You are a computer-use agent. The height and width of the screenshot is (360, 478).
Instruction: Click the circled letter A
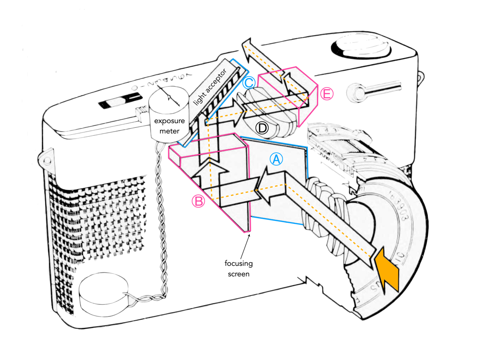[x=276, y=160]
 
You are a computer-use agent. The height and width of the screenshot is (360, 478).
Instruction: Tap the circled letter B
[x=199, y=201]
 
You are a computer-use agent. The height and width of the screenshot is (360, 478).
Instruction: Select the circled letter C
[x=249, y=83]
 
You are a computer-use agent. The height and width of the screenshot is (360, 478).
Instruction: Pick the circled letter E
[x=327, y=94]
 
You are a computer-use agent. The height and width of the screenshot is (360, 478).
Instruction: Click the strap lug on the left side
[x=46, y=160]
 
